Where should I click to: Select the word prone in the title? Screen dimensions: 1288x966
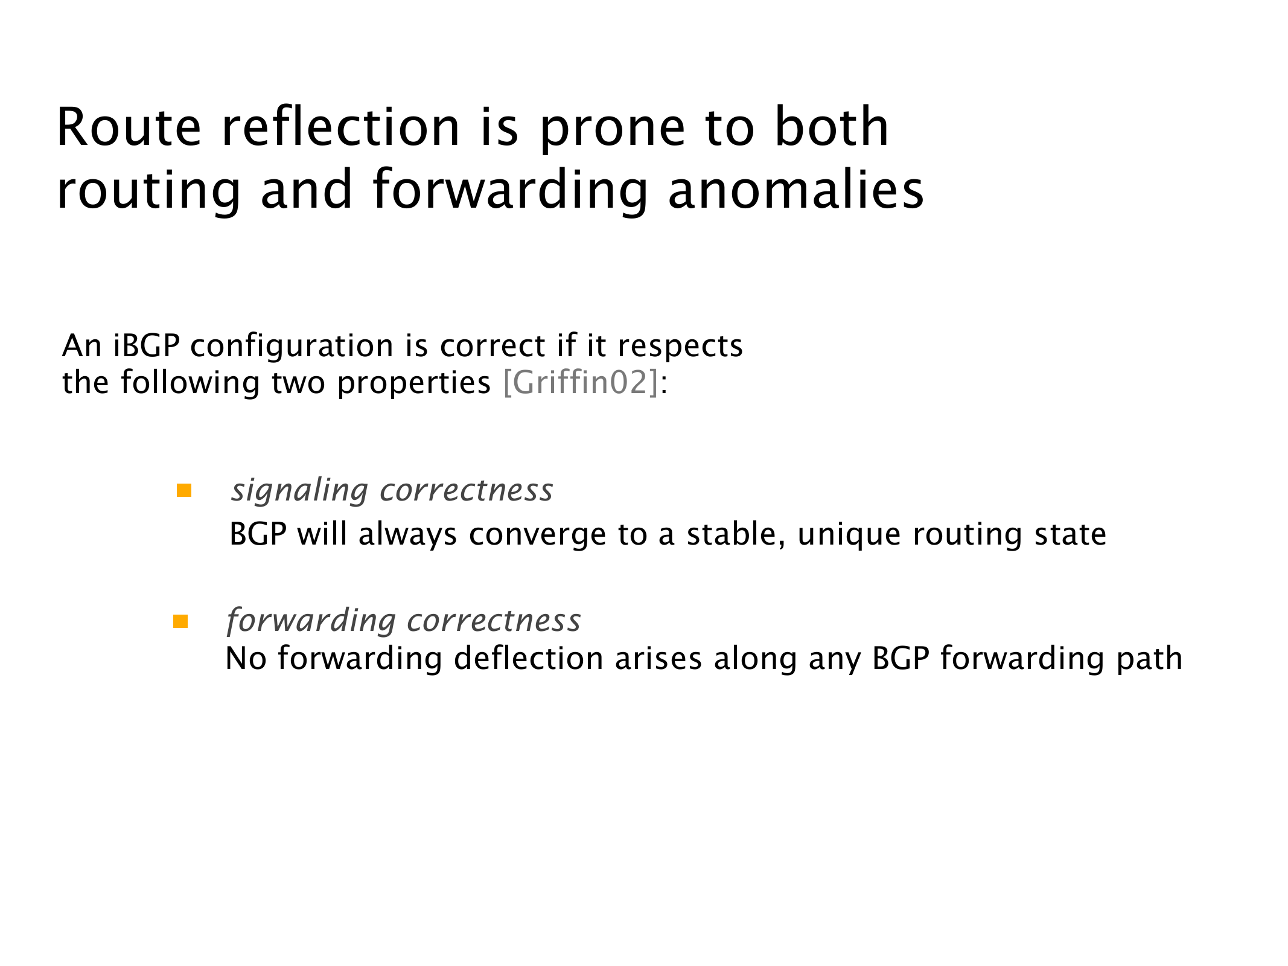point(613,132)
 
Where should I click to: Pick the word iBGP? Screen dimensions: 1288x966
point(147,347)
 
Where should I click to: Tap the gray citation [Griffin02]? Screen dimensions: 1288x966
point(580,383)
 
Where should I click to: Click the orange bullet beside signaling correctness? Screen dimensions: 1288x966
point(184,490)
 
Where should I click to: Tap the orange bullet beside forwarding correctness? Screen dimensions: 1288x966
point(180,621)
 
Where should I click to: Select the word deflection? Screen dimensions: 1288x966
point(529,658)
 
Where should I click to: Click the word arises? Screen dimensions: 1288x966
point(658,658)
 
